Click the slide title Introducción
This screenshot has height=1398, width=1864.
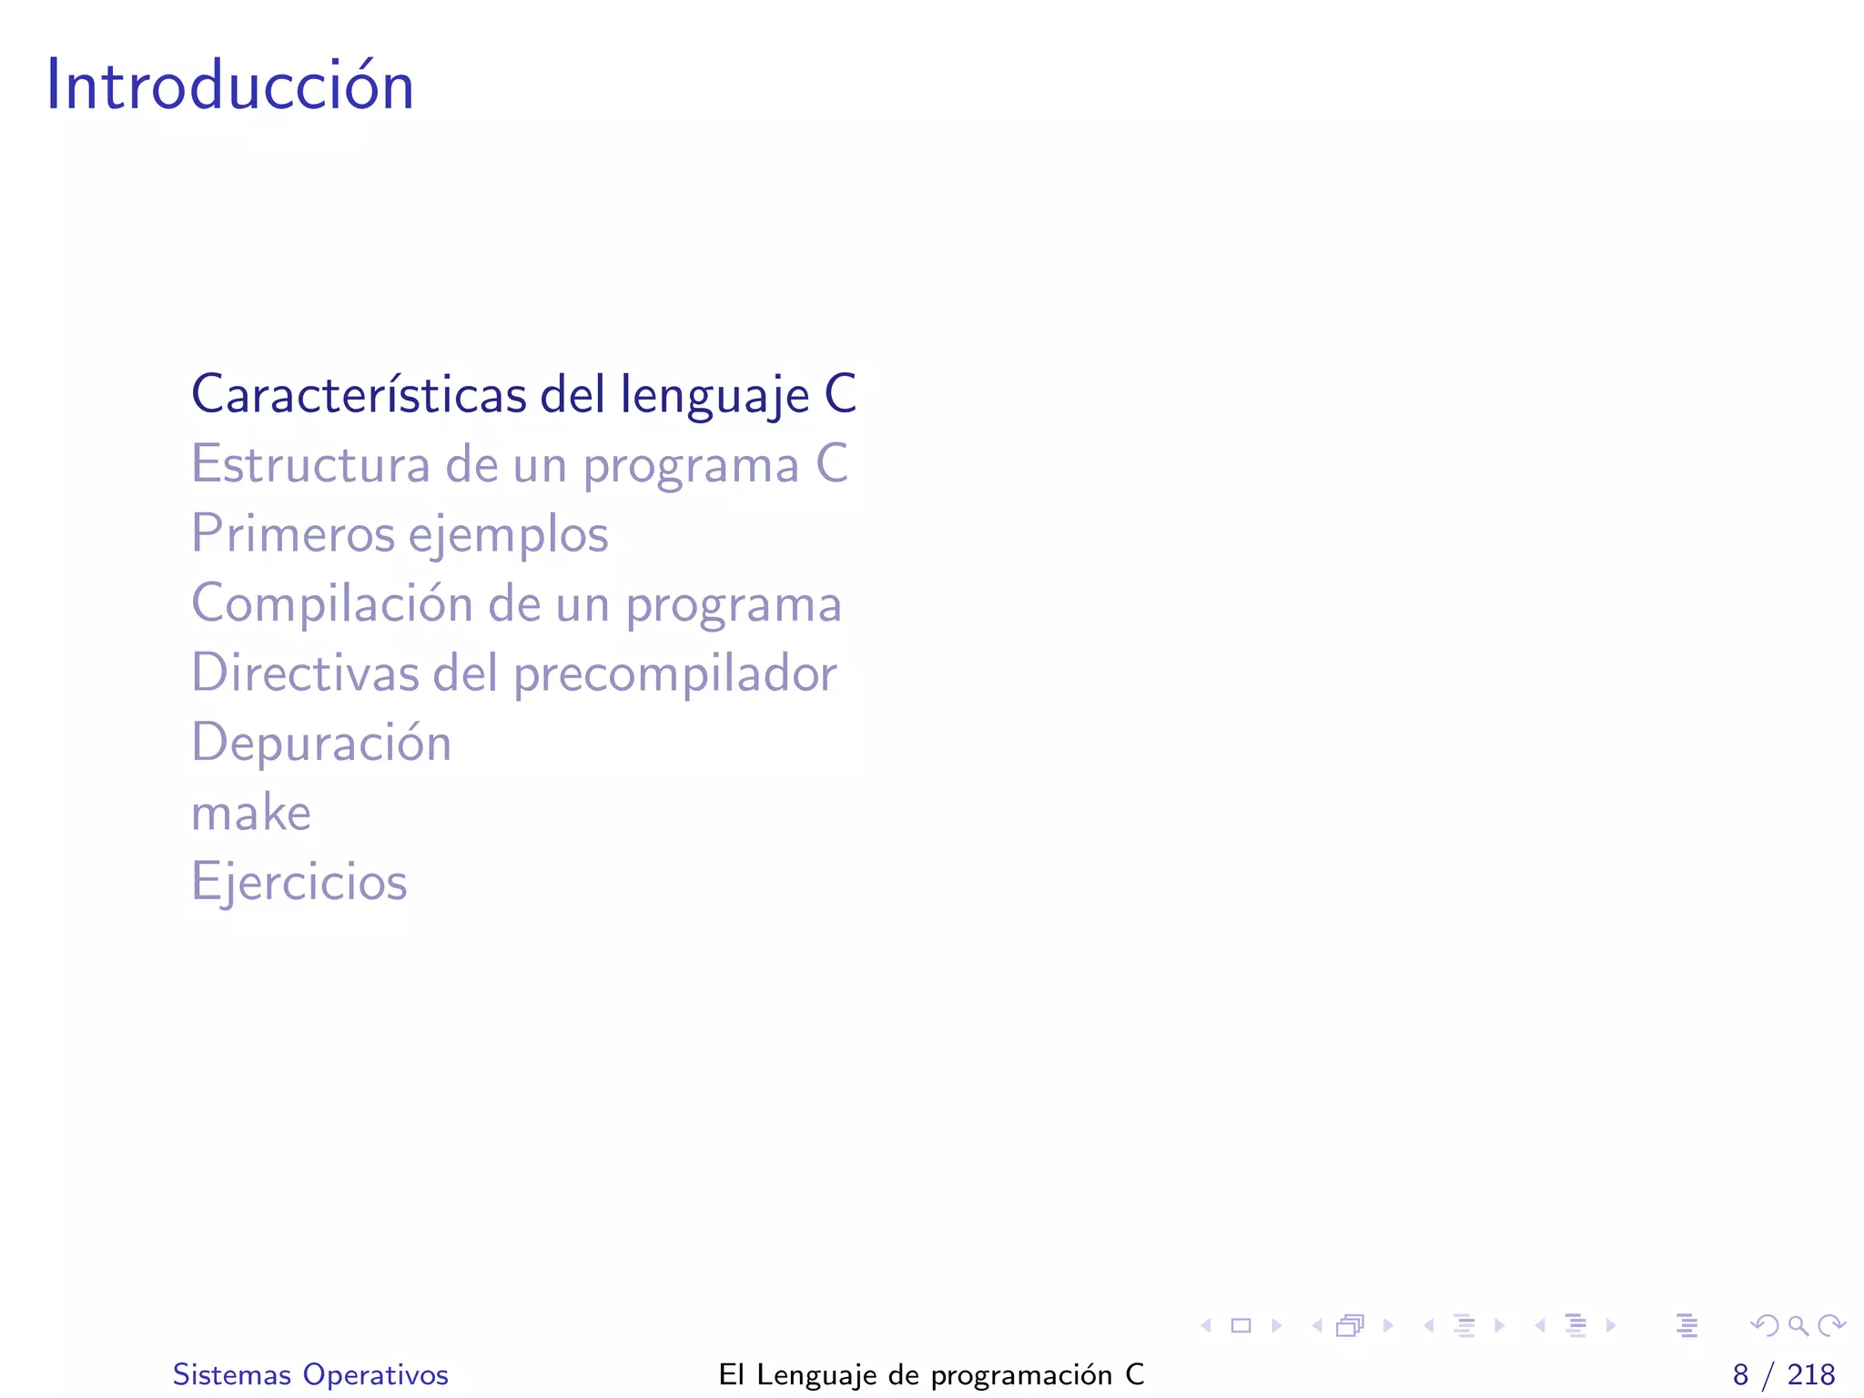(x=230, y=85)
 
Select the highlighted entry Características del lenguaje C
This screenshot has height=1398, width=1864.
(x=523, y=394)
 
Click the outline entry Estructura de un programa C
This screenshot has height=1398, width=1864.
(x=520, y=464)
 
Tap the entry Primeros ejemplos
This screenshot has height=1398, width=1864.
(x=400, y=533)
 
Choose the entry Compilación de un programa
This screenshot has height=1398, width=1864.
(x=516, y=603)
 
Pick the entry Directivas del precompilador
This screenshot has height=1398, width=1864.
(x=513, y=673)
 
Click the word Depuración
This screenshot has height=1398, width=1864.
(x=321, y=742)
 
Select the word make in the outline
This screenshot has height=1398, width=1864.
(x=251, y=812)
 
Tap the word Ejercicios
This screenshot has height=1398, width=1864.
(x=299, y=881)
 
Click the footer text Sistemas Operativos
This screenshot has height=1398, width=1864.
(x=310, y=1374)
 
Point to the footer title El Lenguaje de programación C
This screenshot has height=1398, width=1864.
(x=931, y=1374)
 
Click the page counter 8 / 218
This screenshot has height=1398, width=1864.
(x=1783, y=1374)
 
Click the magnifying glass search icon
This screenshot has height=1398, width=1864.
(x=1798, y=1325)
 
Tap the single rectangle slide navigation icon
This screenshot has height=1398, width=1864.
(x=1241, y=1325)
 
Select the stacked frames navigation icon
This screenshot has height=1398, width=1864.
(x=1351, y=1325)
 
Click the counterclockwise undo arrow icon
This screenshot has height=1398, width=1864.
(x=1765, y=1325)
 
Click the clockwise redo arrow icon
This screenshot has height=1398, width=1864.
(x=1831, y=1325)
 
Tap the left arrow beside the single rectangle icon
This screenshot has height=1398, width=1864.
(x=1206, y=1325)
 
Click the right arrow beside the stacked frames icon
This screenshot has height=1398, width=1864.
(x=1388, y=1325)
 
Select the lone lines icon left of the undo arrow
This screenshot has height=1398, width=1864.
(x=1687, y=1325)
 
